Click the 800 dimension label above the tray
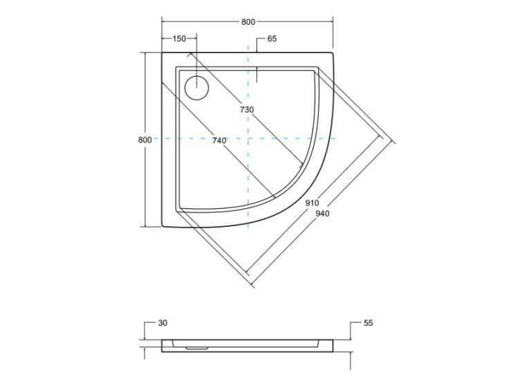[x=248, y=22]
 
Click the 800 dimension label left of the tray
[x=145, y=140]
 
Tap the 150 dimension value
[x=179, y=39]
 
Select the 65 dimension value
[x=272, y=39]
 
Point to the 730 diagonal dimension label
[x=247, y=110]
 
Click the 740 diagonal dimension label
[x=219, y=140]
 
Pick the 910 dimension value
[x=312, y=203]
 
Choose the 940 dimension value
[x=322, y=213]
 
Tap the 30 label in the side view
[x=163, y=323]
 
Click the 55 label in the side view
[x=368, y=323]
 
